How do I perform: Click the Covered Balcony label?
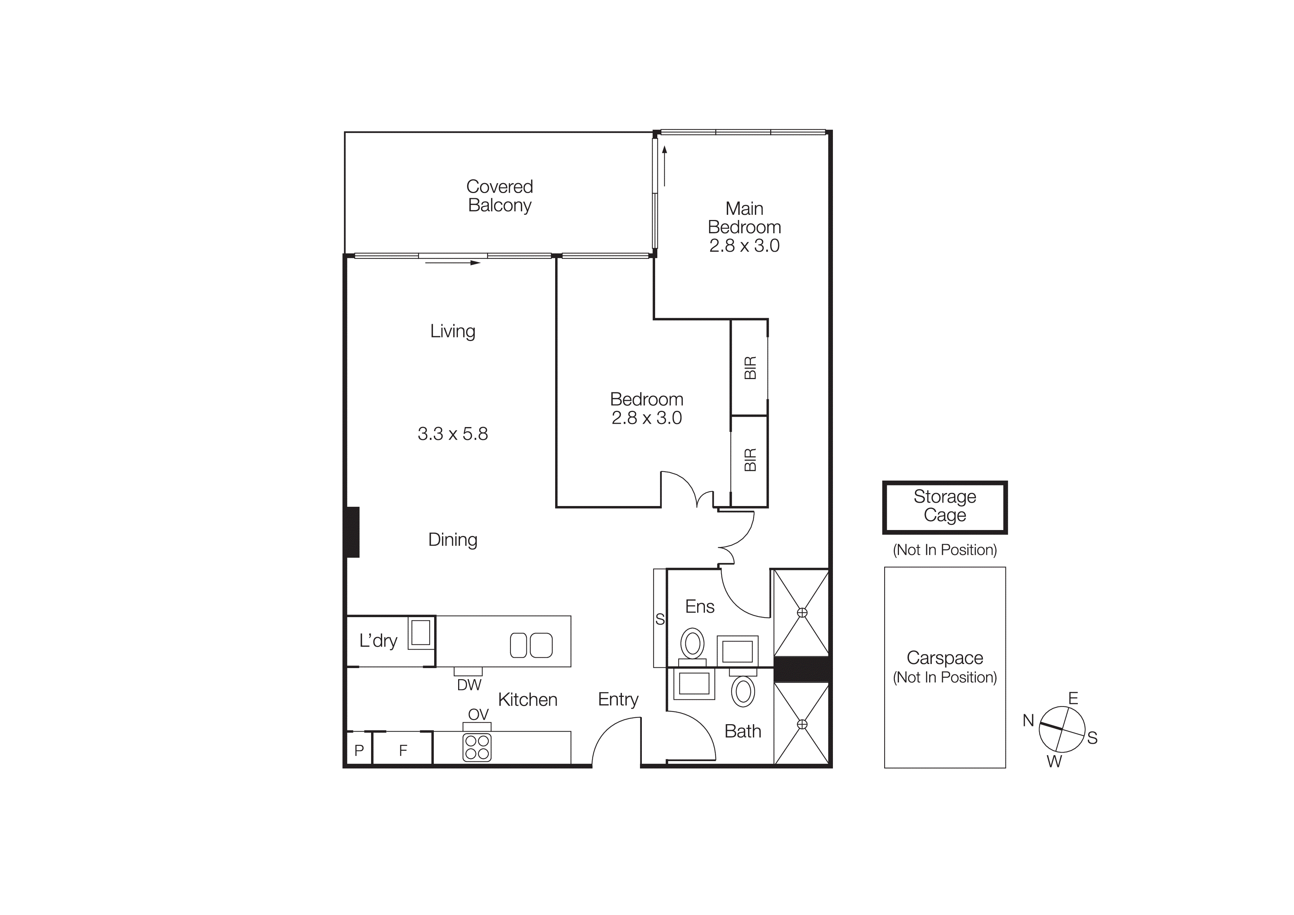(499, 196)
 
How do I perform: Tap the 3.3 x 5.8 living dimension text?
(453, 434)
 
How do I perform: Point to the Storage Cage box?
(945, 506)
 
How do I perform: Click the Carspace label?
(945, 657)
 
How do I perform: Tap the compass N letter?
(1028, 720)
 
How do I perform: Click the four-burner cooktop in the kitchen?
(477, 747)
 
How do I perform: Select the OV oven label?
(478, 714)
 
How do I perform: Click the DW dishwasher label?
(469, 685)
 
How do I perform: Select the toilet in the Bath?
(743, 691)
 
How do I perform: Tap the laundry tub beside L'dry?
(421, 633)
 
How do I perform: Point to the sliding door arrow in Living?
(453, 263)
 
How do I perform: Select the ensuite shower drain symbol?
(802, 613)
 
